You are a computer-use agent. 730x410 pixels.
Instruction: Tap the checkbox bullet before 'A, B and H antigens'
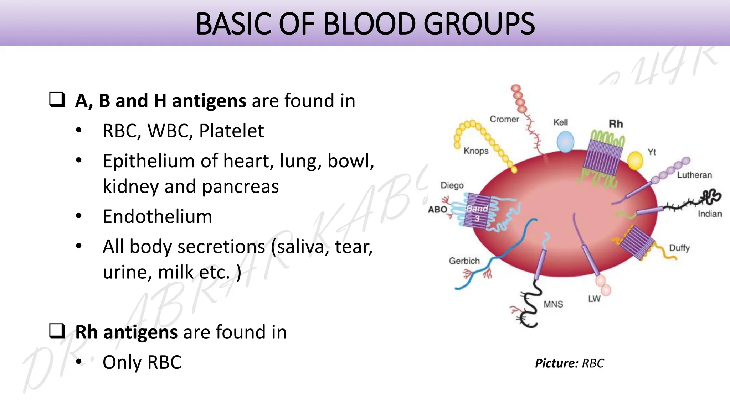[x=57, y=100]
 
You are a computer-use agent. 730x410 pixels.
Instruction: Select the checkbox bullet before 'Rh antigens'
[x=57, y=331]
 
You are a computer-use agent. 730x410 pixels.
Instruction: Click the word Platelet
[x=231, y=131]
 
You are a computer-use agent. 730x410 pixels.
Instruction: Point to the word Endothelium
[x=157, y=216]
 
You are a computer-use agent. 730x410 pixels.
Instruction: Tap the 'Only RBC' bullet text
[x=142, y=362]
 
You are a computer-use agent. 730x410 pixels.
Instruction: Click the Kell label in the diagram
[x=560, y=122]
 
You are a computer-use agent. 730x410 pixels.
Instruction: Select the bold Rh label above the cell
[x=616, y=124]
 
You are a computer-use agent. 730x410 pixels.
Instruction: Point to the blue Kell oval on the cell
[x=565, y=142]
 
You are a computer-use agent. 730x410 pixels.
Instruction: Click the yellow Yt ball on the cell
[x=635, y=161]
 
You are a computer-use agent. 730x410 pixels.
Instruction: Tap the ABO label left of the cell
[x=437, y=209]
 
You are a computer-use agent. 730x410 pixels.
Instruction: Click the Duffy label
[x=679, y=248]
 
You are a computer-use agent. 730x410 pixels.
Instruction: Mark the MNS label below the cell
[x=553, y=304]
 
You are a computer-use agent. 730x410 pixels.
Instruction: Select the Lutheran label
[x=694, y=175]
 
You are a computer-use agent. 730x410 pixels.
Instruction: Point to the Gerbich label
[x=464, y=261]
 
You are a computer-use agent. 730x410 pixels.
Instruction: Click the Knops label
[x=476, y=151]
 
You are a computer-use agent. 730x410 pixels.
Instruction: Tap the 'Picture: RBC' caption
[x=569, y=363]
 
